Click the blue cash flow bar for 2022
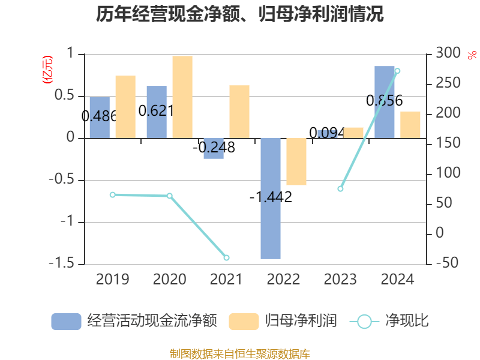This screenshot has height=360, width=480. (271, 198)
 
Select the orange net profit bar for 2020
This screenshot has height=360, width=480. (182, 97)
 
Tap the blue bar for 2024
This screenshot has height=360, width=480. (385, 102)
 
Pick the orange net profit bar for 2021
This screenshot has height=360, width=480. (239, 112)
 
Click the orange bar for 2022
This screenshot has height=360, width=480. (296, 161)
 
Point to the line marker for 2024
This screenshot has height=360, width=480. (397, 71)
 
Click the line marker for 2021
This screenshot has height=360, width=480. (226, 257)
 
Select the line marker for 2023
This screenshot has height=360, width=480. (340, 188)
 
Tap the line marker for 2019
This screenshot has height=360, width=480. (112, 194)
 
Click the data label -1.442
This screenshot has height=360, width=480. (271, 197)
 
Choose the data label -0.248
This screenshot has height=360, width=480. (214, 147)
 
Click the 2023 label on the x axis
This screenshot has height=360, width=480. (340, 279)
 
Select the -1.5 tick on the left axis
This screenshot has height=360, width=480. (67, 264)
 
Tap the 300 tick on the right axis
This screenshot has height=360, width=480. (448, 54)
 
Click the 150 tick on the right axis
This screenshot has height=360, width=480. (448, 143)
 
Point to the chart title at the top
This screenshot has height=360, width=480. (240, 14)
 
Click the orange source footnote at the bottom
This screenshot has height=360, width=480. (240, 353)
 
